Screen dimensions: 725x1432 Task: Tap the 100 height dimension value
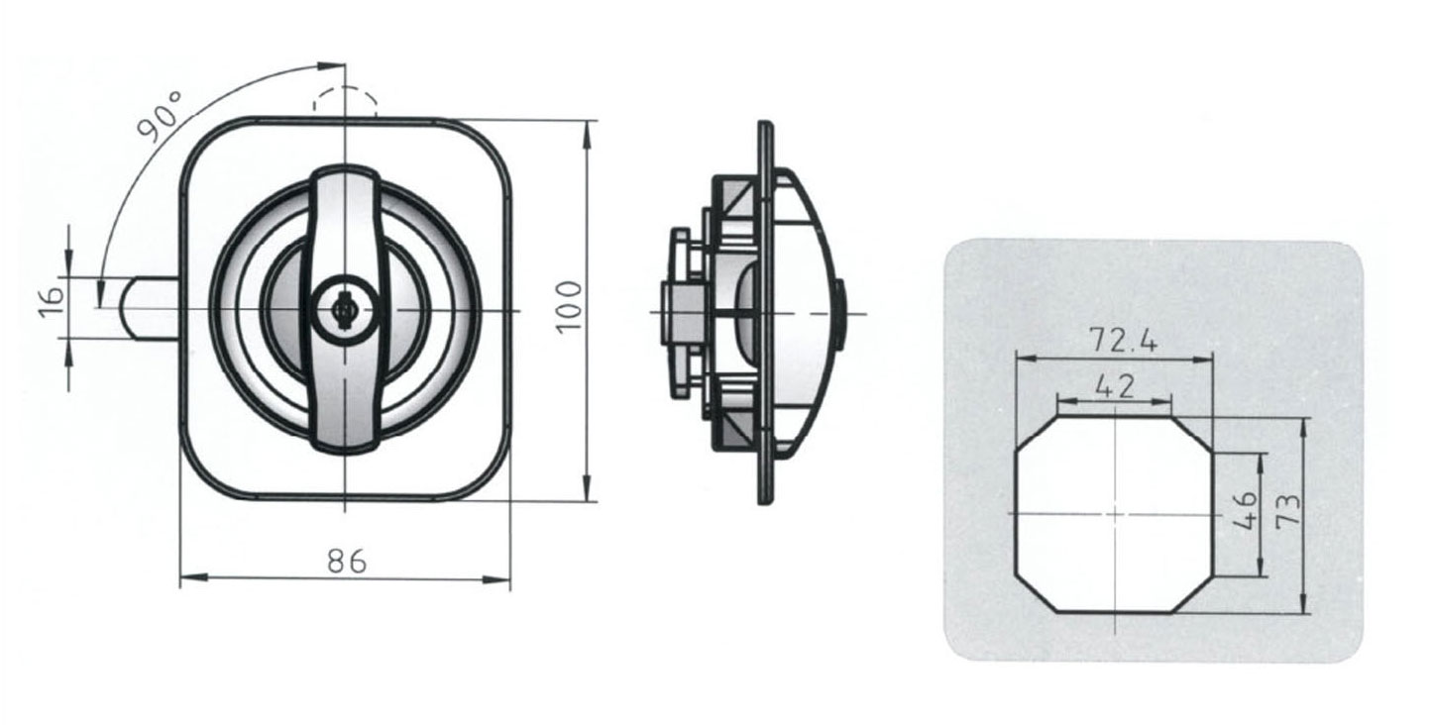[569, 307]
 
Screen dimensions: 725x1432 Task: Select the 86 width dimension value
[346, 562]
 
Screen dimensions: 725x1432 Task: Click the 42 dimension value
[1115, 386]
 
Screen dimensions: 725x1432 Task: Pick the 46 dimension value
[1247, 510]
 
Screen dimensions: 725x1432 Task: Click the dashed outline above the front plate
[345, 100]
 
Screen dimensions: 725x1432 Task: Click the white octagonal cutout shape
[1114, 515]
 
